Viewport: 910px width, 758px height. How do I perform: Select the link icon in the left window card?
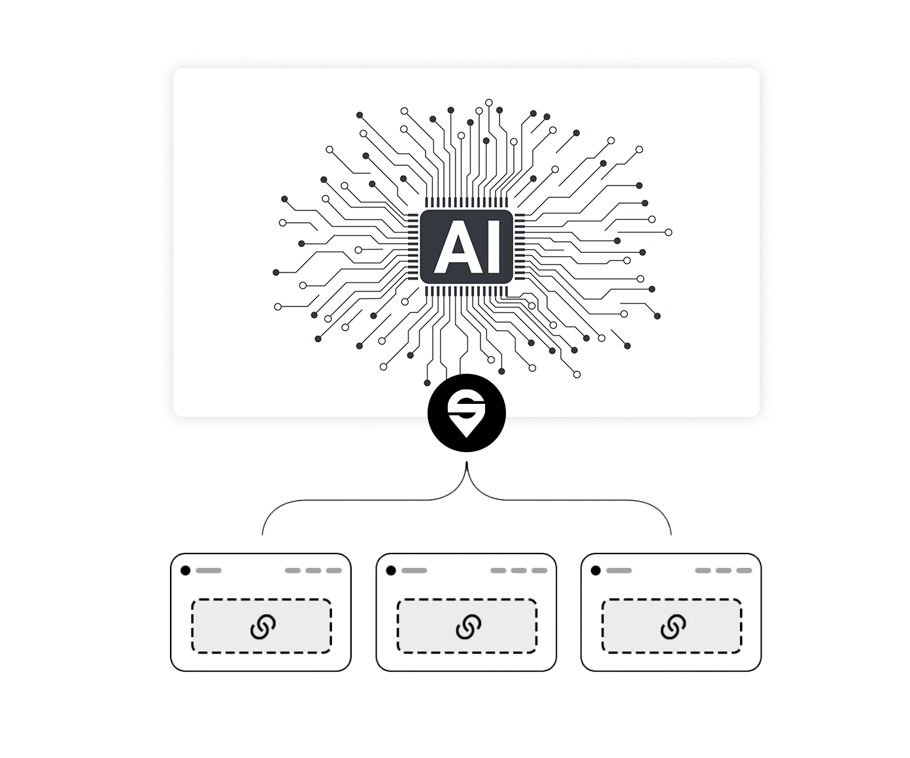tap(262, 627)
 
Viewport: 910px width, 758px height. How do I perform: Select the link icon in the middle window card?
tap(467, 627)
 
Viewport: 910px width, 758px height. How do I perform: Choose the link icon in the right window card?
tap(672, 627)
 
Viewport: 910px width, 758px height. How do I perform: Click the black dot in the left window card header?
tap(186, 570)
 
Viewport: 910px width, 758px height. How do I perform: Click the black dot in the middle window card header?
tap(391, 570)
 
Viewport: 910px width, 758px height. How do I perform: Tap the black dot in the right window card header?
tap(596, 570)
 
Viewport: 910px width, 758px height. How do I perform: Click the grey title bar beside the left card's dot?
tap(209, 570)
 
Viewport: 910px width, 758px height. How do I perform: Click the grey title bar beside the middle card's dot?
tap(414, 570)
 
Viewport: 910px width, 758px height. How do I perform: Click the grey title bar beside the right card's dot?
tap(618, 570)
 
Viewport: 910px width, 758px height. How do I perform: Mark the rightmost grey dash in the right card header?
tap(744, 570)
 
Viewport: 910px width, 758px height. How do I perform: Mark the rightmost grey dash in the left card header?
tap(334, 570)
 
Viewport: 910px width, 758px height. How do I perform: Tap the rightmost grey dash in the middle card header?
tap(539, 570)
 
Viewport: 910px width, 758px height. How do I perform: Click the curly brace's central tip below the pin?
tap(467, 465)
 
